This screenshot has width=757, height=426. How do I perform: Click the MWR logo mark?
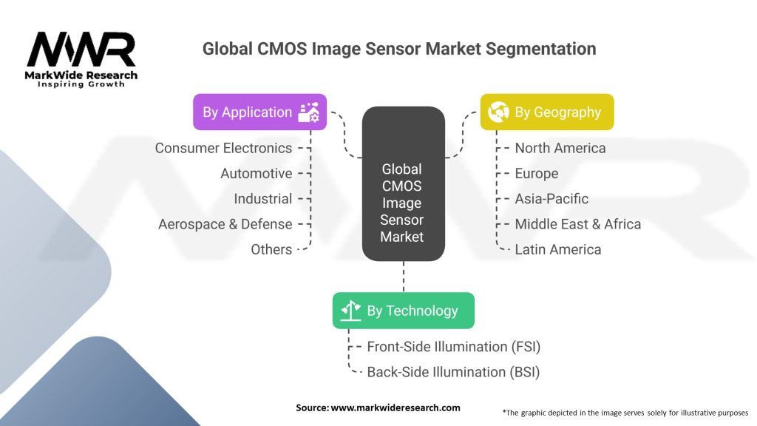pos(81,50)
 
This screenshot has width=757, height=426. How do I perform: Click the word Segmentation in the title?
pos(540,49)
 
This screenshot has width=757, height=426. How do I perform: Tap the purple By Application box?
pos(259,112)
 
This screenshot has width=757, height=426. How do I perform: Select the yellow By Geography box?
pos(547,112)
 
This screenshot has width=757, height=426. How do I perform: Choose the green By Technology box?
pos(404,311)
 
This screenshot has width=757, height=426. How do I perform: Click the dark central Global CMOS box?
pos(403,183)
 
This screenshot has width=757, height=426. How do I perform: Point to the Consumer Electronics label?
pos(223,148)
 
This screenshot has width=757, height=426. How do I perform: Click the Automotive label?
pos(257,173)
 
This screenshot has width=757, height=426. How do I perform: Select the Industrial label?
pos(263,198)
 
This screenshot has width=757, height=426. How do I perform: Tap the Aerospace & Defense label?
pos(225,224)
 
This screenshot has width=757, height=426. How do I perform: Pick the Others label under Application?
pos(271,249)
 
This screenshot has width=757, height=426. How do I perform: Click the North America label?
pos(560,148)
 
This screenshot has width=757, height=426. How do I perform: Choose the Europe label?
pos(537,173)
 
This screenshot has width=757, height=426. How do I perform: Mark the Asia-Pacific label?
pos(551,198)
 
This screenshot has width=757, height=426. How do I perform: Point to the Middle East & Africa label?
pos(578,224)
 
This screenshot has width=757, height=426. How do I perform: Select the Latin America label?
pos(558,249)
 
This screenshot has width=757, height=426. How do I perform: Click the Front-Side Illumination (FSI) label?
pos(454,347)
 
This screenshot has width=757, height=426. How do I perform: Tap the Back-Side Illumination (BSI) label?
pos(453,372)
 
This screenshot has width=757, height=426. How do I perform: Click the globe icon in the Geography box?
pos(498,112)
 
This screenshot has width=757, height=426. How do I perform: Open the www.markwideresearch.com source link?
pos(396,408)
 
